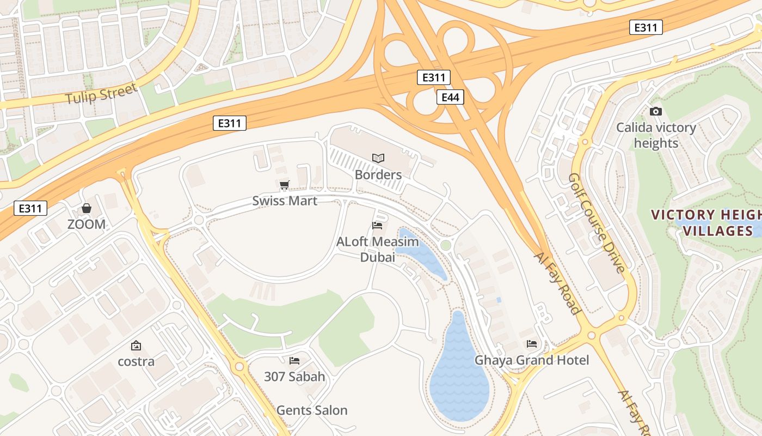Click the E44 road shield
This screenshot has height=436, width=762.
tap(450, 98)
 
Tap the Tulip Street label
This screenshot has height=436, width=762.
tap(101, 94)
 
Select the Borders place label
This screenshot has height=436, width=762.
tap(378, 175)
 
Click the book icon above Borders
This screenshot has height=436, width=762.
tap(378, 158)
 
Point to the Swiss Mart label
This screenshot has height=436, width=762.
tap(285, 201)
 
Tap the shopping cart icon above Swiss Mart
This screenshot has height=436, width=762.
tap(284, 186)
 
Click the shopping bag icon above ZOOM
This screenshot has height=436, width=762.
tap(87, 208)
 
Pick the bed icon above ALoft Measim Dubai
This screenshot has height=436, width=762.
tap(377, 225)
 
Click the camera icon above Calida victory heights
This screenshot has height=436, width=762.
tap(656, 111)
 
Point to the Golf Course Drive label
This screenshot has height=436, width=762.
tap(597, 223)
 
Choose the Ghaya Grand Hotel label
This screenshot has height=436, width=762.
tap(532, 360)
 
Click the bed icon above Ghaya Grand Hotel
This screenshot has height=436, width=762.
tap(532, 344)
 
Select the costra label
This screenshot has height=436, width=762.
tap(136, 361)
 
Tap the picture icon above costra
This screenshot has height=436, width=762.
tap(136, 346)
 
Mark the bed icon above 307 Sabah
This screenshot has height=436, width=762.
tap(294, 361)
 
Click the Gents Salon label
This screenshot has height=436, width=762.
tap(312, 410)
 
